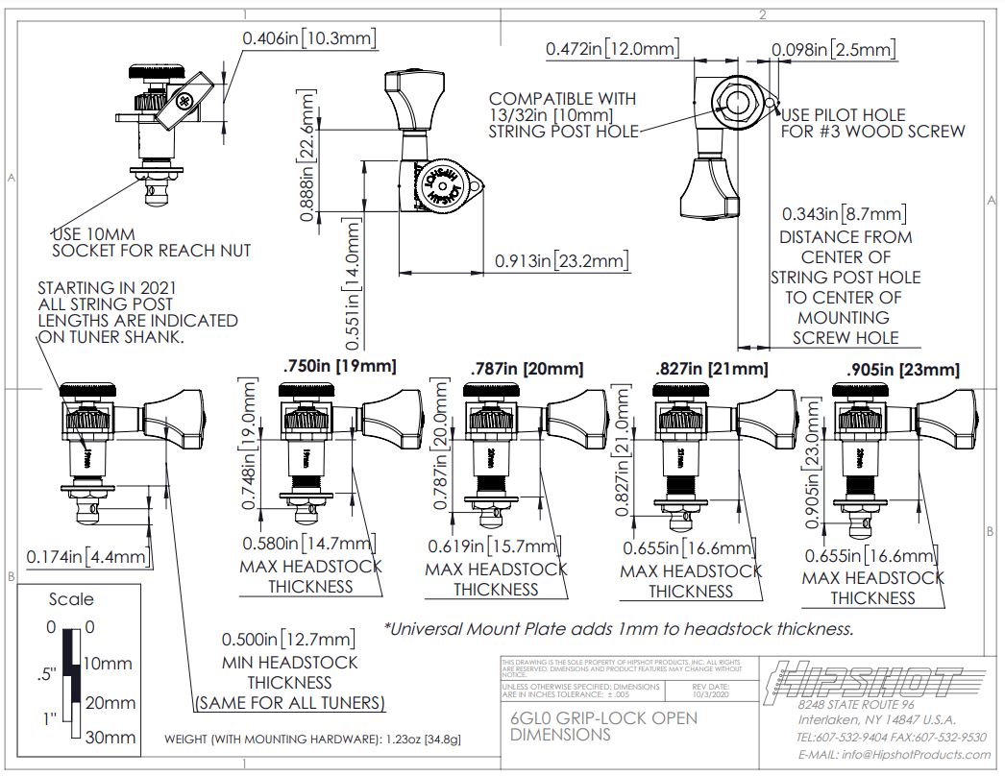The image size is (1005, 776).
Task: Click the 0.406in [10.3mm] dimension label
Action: [308, 38]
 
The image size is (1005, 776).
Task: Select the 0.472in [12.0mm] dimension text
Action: [612, 49]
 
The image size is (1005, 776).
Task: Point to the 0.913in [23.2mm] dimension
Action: [561, 261]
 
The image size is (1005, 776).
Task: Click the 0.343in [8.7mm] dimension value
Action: [844, 213]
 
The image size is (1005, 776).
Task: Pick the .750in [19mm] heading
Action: [339, 366]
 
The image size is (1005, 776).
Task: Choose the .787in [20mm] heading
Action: [527, 369]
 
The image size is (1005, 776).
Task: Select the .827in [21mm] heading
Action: [711, 369]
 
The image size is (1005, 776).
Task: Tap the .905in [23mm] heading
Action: [903, 370]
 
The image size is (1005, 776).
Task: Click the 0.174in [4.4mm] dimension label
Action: [87, 556]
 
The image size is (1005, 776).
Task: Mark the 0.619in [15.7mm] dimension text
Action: [494, 546]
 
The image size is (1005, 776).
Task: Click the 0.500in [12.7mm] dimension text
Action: [289, 640]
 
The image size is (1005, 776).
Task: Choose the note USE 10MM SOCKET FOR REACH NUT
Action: [151, 242]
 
